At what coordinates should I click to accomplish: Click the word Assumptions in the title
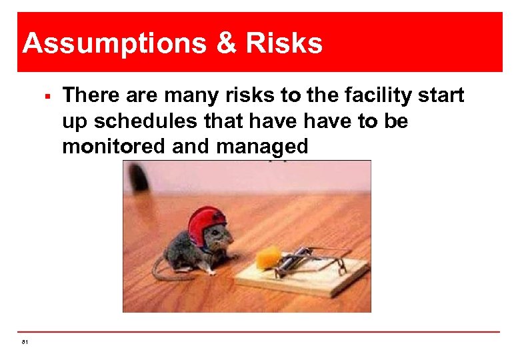101,43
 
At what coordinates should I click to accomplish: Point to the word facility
371,96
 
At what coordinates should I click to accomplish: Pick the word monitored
113,146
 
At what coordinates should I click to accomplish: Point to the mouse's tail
167,270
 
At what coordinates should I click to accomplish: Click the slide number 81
25,342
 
